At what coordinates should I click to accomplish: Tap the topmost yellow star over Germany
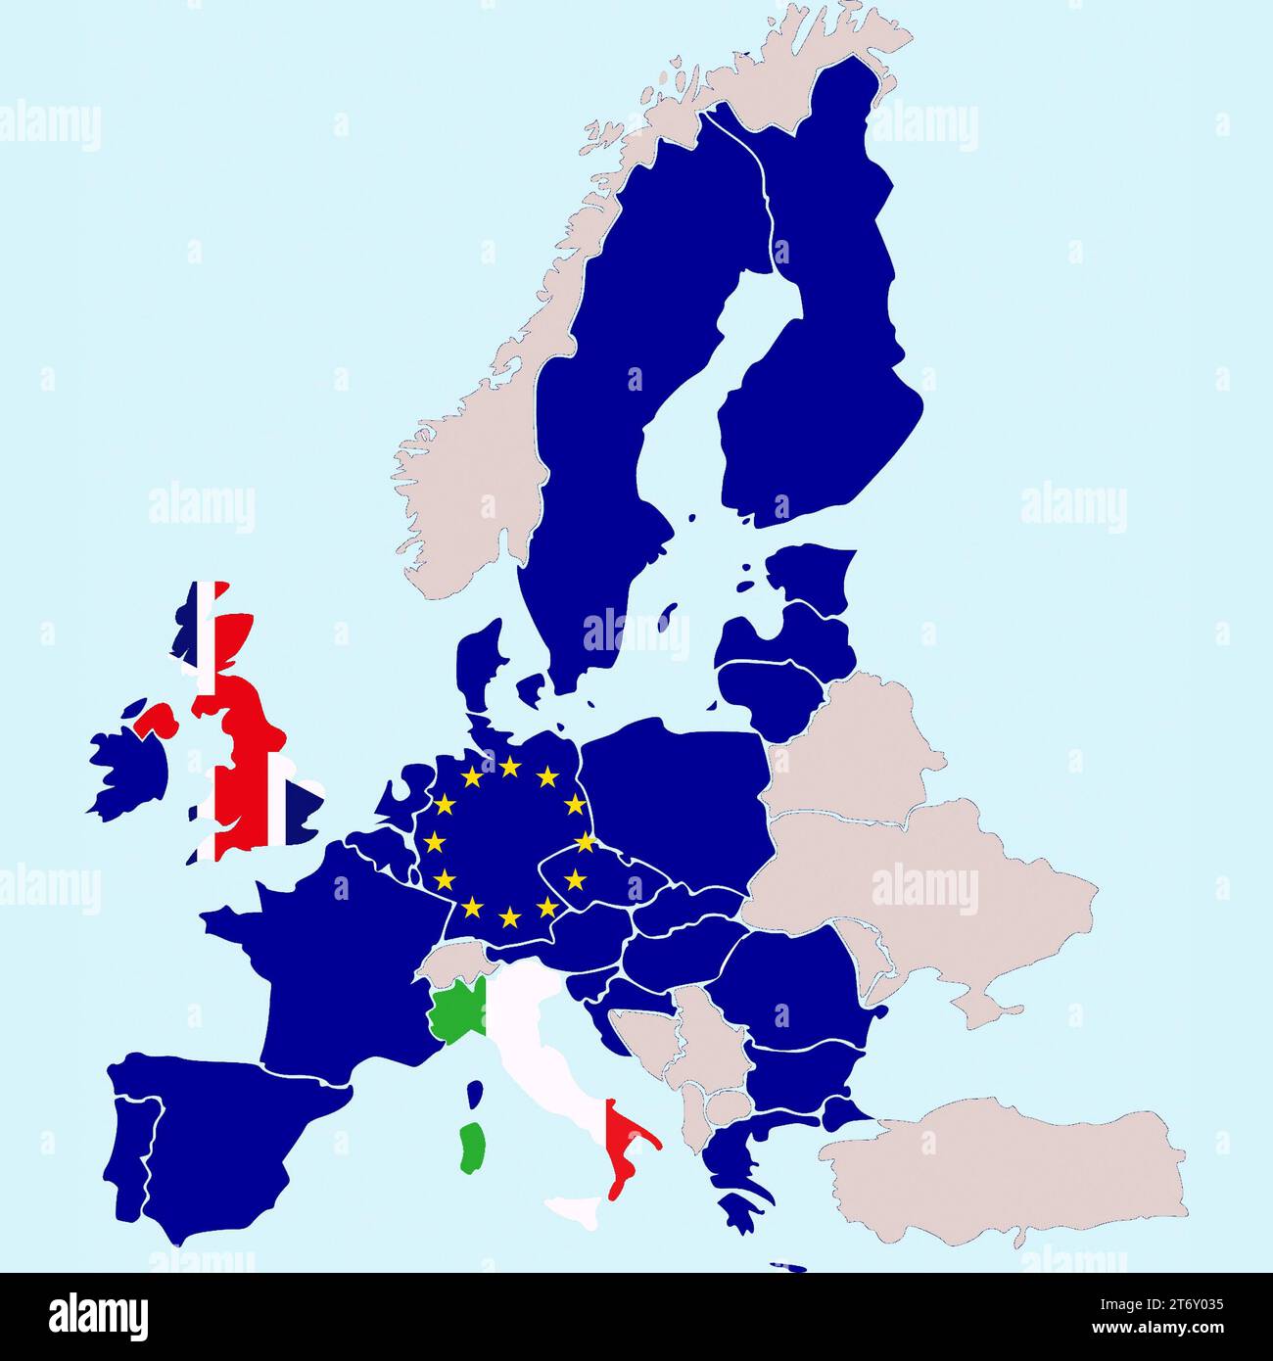509,767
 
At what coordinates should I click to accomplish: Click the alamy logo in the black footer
98,1315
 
